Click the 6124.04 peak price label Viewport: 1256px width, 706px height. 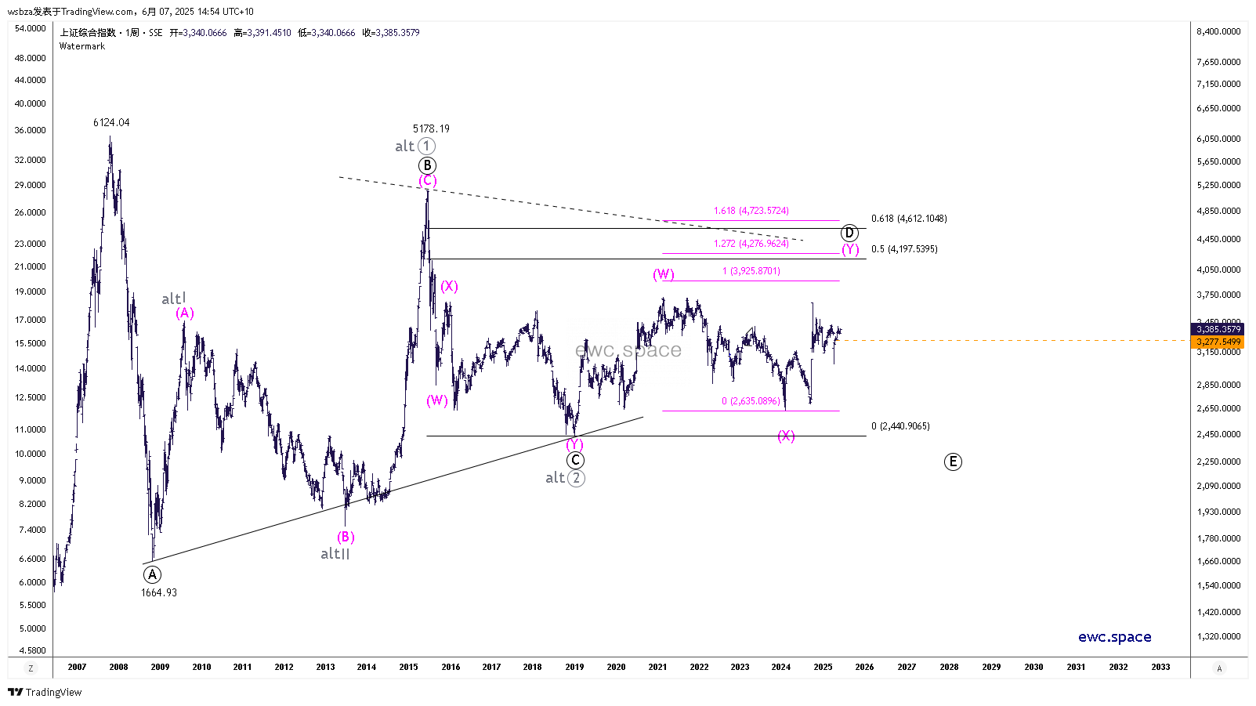[x=111, y=122]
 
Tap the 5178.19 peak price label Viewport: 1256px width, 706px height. [x=431, y=129]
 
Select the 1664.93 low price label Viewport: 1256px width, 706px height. [x=159, y=592]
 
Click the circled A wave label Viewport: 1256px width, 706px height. [x=152, y=574]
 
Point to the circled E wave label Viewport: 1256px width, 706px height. [x=953, y=462]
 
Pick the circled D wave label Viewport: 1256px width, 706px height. [x=849, y=233]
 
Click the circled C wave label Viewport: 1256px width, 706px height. [x=575, y=461]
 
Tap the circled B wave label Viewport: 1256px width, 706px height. [x=427, y=165]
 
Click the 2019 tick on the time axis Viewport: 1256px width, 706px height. [x=574, y=667]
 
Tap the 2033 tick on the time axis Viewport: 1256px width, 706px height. [x=1160, y=667]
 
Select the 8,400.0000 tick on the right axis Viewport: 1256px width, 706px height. [x=1218, y=31]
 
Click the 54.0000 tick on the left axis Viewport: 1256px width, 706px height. [x=31, y=28]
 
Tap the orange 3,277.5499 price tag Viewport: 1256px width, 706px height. [x=1218, y=342]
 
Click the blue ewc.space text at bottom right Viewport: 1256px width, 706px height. [x=1114, y=637]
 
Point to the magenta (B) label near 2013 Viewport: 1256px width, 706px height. [x=346, y=537]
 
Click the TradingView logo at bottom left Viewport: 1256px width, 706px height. [x=45, y=692]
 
